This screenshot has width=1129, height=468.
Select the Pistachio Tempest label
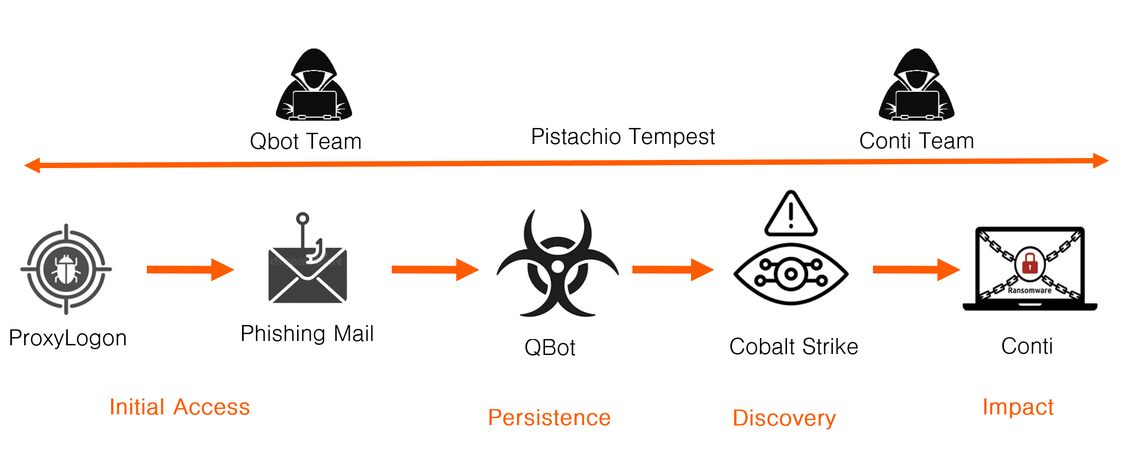point(622,137)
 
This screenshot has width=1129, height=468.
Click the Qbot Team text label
point(305,142)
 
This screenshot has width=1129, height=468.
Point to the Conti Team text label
point(916,141)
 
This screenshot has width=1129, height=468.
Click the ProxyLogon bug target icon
point(66,269)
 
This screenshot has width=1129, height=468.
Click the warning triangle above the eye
point(791,215)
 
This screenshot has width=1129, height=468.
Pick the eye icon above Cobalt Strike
point(791,274)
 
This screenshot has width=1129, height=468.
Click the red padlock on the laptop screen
point(1029,263)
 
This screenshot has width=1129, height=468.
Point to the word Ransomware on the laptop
point(1029,290)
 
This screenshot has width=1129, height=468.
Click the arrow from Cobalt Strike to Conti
point(916,269)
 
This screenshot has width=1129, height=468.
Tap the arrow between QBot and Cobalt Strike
point(672,269)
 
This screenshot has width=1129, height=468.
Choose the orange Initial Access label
point(179,407)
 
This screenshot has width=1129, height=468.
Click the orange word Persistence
point(549,417)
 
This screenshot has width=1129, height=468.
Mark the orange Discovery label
point(784,418)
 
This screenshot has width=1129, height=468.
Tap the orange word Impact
point(1018,407)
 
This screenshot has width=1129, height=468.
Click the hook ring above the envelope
point(302,218)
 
